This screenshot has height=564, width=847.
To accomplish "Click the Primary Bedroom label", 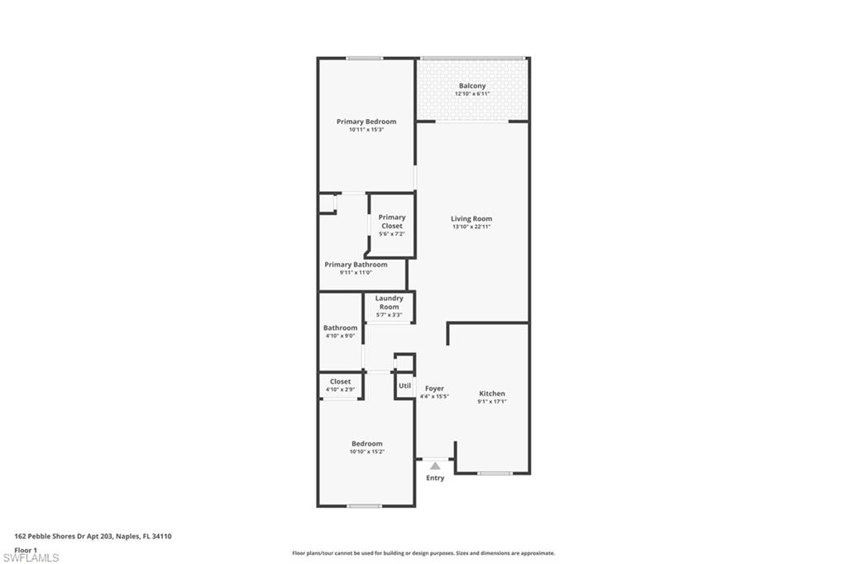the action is pos(366,122).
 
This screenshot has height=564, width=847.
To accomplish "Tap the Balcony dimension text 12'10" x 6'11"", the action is pos(472,94).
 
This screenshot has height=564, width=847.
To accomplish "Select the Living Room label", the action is pos(471,219).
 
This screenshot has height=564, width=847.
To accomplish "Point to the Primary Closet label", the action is pos(391,222).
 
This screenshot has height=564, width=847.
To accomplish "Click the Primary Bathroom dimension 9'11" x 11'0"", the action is pos(356,273).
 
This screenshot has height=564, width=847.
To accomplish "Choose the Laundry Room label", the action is pos(389,303).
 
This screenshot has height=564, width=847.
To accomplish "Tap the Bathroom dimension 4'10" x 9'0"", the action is pos(340,336).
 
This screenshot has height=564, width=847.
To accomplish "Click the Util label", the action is pos(404,385).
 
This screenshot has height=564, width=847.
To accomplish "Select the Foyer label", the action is pos(434,389).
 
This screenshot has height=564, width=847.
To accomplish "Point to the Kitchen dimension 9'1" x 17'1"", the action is pos(492,402).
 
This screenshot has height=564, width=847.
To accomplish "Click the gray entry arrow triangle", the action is pos(435,466).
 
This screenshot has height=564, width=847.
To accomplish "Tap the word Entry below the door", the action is pos(435,478).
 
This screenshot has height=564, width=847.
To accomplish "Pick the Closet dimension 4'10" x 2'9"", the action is pos(340,390).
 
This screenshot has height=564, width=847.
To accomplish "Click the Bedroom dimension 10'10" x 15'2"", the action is pos(366,452).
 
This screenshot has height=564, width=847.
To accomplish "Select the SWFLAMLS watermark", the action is pos(31,557).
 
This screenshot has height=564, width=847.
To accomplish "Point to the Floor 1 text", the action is pos(26,550).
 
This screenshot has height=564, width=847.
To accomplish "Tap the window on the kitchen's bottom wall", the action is pos(495,474).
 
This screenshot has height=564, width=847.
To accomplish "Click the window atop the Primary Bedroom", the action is pos(365,59).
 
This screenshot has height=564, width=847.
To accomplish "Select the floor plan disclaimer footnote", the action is pos(423,553).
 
